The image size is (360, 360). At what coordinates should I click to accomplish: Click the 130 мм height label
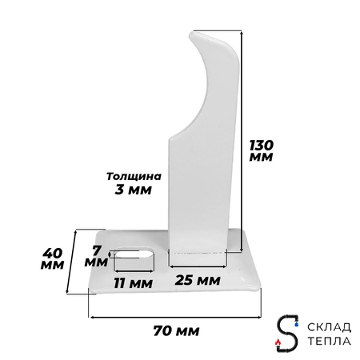tap(261, 150)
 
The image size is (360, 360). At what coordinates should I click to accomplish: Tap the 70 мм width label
tap(176, 331)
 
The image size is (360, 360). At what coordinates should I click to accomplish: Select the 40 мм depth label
tap(53, 258)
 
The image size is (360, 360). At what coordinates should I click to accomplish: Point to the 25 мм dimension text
tap(198, 280)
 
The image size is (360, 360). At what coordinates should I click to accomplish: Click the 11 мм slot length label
tap(133, 283)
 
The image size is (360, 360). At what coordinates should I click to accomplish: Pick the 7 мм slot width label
tap(96, 256)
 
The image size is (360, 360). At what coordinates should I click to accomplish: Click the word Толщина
tap(134, 176)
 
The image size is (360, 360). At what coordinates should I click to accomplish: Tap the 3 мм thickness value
tap(133, 190)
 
